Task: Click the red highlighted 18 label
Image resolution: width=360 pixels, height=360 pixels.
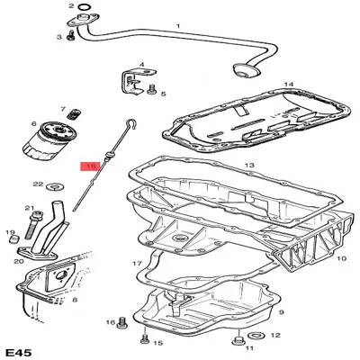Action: (90, 166)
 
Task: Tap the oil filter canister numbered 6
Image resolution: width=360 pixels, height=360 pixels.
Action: (50, 139)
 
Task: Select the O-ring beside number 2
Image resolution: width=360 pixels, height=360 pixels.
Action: (85, 6)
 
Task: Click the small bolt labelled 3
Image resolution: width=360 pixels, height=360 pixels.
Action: (71, 35)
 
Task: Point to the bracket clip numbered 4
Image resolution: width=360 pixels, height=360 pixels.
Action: (137, 81)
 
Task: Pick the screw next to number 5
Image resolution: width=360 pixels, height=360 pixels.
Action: (151, 89)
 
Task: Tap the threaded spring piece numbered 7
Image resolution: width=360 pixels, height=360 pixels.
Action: (74, 114)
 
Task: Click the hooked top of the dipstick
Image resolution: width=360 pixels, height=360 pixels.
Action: (131, 124)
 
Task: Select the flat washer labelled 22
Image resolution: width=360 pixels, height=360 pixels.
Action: (56, 187)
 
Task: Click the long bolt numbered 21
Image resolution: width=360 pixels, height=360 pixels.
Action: (32, 224)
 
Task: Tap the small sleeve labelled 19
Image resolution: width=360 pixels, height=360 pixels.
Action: (13, 239)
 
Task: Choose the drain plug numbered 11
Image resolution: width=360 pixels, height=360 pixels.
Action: (238, 341)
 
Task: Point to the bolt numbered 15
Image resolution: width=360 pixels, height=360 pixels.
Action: (145, 338)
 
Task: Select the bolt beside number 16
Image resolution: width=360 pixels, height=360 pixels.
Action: (122, 322)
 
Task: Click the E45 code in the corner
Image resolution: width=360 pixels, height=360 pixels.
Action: (18, 353)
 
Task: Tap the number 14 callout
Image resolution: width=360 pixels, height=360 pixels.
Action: (289, 85)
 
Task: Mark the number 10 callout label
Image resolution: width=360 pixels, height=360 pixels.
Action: (341, 258)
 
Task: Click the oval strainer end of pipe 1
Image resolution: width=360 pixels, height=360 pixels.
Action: (246, 70)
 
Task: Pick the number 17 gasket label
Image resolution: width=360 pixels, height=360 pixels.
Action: (137, 264)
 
